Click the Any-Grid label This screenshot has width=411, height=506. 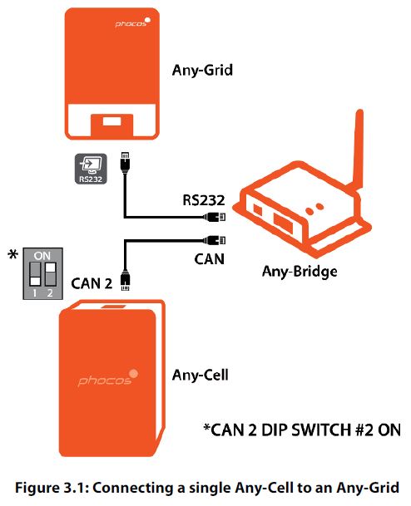pos(202,70)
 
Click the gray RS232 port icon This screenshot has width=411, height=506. pos(91,169)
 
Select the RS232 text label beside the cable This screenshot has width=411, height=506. pos(204,200)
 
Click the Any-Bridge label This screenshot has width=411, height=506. pos(300,272)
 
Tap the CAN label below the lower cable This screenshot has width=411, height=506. pos(210,259)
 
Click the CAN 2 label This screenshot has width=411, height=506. pos(92,283)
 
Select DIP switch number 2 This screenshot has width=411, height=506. pos(51,274)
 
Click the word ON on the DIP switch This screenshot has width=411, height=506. pos(42,256)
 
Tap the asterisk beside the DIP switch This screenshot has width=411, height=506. pos(13,254)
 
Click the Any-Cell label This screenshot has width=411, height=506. pos(201,376)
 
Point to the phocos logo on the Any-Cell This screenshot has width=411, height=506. pos(108,378)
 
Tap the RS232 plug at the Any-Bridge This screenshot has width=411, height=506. pos(214,217)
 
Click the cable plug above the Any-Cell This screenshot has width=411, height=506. pos(125,280)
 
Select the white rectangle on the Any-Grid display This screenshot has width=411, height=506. pos(112,121)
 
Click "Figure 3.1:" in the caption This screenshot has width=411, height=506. pos(52,488)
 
